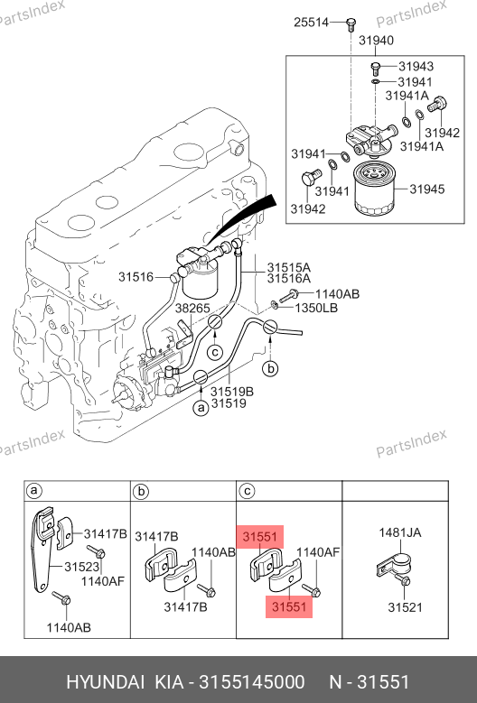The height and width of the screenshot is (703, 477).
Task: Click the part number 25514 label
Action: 311,22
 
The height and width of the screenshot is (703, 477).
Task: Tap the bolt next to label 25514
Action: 351,23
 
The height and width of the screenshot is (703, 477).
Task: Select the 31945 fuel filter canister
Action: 374,189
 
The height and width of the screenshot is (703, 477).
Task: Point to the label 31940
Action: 376,41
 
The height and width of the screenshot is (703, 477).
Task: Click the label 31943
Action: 416,67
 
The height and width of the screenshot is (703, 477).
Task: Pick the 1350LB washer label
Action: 316,308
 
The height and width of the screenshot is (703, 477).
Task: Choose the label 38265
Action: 192,309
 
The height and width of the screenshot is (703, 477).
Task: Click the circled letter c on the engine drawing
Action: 215,352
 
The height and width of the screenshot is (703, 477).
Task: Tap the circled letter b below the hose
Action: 270,368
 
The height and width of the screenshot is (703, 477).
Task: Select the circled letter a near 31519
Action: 201,408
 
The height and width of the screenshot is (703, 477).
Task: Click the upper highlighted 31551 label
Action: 260,537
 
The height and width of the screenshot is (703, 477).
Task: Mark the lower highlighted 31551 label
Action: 289,606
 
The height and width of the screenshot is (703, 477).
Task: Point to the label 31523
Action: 81,567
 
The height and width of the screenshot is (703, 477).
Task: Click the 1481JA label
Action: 400,532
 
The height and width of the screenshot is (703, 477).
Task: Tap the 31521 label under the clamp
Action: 405,607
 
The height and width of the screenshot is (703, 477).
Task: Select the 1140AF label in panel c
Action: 318,552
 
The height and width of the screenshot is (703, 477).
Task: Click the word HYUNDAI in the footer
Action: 106,682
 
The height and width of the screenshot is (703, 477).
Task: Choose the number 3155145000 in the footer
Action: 252,682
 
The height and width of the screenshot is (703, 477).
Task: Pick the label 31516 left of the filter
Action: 136,277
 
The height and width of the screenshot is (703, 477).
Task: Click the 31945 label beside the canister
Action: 426,189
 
